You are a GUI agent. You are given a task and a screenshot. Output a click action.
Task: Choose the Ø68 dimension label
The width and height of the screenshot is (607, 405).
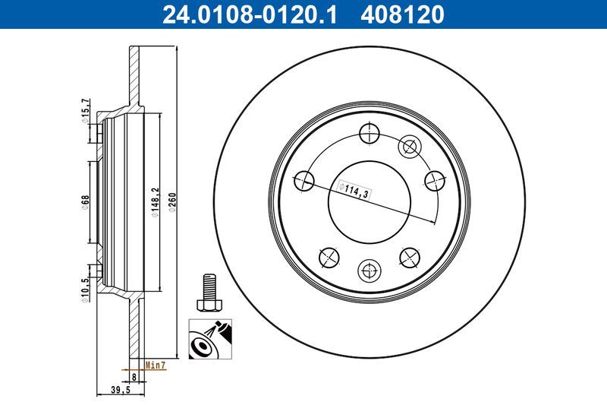85,203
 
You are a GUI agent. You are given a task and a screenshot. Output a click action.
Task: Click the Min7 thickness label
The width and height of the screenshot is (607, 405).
156,365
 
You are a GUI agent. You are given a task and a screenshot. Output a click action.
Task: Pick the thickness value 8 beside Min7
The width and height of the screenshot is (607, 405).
134,375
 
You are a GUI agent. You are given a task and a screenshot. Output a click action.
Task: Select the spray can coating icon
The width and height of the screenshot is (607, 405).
207,340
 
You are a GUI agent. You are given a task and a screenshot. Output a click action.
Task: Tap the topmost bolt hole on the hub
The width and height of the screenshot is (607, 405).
369,133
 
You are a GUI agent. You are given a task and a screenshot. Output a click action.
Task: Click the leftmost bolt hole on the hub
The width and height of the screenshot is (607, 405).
303,180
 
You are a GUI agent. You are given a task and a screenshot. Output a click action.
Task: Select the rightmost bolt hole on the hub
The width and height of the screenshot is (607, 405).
435,180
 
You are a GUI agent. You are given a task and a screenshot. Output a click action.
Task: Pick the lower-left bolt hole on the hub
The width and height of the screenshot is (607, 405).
328,258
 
